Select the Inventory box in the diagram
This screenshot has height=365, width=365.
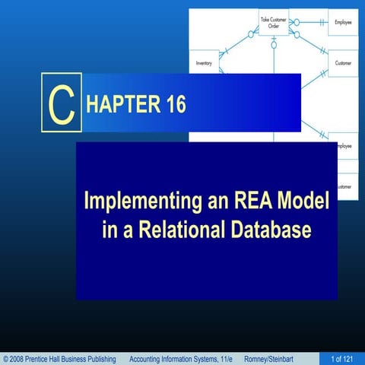pos(203,63)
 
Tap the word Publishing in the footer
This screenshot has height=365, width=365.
pos(100,358)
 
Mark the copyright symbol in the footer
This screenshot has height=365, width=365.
pos(6,358)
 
